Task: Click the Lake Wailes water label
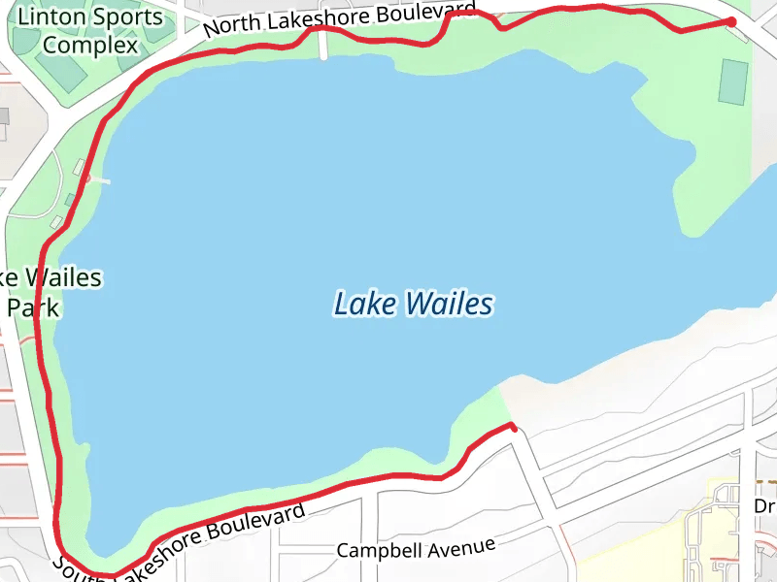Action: pos(413,305)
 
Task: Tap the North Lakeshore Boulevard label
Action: pos(340,20)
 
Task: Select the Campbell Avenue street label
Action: pos(416,548)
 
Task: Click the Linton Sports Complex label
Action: pos(90,31)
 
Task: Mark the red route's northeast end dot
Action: pos(730,22)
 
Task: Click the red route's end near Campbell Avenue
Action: pos(511,425)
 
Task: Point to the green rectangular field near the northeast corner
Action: pos(733,81)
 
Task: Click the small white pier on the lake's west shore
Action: pos(98,180)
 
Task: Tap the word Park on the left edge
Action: pos(34,308)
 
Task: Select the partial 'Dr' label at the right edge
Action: pos(764,506)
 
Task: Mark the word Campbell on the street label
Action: pos(378,550)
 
